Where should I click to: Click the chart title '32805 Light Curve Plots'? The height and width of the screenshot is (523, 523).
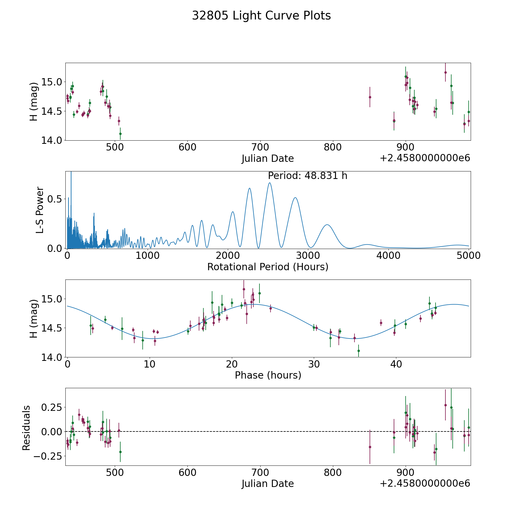pos(261,16)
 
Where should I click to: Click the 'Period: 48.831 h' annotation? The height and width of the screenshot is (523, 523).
pos(307,176)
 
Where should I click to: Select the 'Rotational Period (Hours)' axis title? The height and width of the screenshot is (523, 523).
pos(268,267)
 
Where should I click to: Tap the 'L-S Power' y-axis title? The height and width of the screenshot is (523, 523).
pos(40,210)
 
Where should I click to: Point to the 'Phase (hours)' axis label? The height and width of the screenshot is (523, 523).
pos(268,375)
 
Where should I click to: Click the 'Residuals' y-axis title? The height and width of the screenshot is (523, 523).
pos(26,428)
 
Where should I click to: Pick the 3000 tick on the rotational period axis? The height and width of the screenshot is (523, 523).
pos(308,256)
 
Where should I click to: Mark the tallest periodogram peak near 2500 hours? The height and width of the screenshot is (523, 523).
pos(270,183)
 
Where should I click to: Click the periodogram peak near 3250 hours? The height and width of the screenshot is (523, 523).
pos(327,225)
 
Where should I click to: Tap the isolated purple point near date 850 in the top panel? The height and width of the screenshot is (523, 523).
pos(370,97)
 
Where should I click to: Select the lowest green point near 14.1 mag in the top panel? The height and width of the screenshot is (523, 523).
pos(120,134)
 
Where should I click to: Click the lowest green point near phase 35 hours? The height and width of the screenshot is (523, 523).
pos(359,351)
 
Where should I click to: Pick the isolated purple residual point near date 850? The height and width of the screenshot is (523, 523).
pos(370,447)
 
